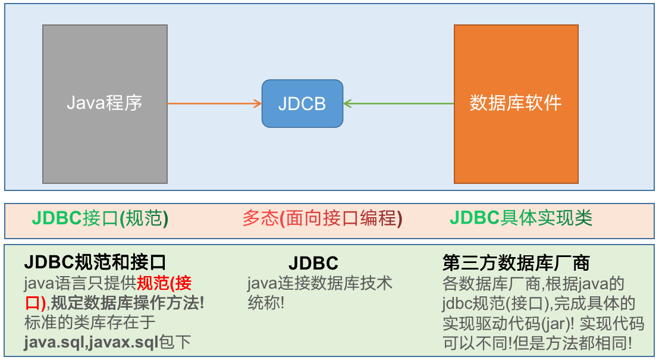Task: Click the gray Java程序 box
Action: click(105, 104)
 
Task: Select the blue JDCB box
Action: click(302, 104)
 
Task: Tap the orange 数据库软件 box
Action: click(516, 104)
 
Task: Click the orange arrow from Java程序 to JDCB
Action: click(214, 104)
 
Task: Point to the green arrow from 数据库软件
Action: click(398, 104)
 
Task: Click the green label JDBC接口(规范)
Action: click(100, 218)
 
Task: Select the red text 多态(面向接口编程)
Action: click(322, 218)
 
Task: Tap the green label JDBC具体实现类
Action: click(521, 218)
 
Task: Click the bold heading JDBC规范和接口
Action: click(95, 262)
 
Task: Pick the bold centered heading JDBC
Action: click(313, 263)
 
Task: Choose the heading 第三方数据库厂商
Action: click(516, 263)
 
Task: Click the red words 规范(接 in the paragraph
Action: click(164, 283)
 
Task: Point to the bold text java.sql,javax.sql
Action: click(91, 342)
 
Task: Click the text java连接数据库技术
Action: click(319, 283)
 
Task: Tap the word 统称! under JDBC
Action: click(266, 303)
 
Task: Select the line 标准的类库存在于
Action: click(90, 323)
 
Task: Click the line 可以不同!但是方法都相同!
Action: click(537, 343)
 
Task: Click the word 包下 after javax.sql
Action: click(175, 342)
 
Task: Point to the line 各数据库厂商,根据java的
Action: click(533, 284)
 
